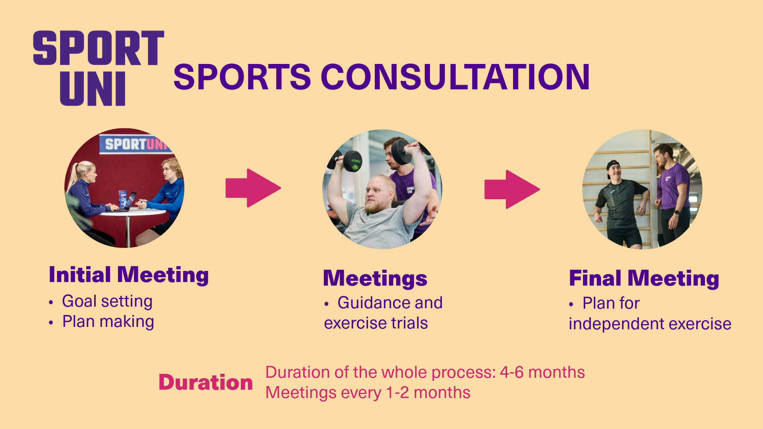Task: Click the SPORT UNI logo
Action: click(x=98, y=68)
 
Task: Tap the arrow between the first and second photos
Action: click(x=253, y=188)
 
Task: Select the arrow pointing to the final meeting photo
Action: click(x=512, y=189)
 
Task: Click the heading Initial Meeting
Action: click(x=128, y=275)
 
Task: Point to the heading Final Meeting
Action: click(x=644, y=278)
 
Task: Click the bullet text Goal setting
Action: click(x=107, y=301)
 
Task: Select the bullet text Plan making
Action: click(x=108, y=321)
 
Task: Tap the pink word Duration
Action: click(x=205, y=383)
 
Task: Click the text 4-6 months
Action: click(x=542, y=373)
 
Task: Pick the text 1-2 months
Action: click(x=428, y=393)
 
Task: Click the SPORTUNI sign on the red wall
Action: click(x=135, y=144)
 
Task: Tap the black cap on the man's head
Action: click(x=612, y=166)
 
